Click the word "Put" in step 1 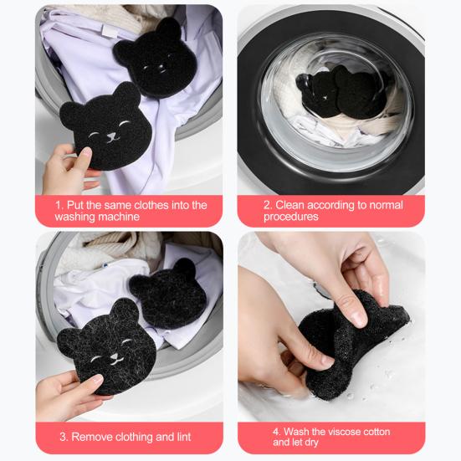pos(75,205)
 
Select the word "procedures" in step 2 pos(291,217)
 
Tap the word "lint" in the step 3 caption pos(184,437)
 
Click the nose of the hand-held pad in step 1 pos(111,136)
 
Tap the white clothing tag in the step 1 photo pos(110,32)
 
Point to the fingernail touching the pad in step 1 pos(86,152)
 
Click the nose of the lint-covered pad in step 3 pos(114,357)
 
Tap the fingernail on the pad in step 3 pos(97,379)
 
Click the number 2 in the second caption pos(267,205)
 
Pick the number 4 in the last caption pos(276,432)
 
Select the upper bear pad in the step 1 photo pos(156,58)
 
